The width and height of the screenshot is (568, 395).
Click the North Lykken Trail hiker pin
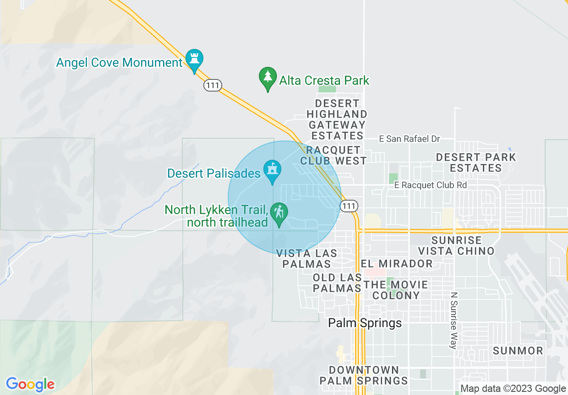(x=280, y=214)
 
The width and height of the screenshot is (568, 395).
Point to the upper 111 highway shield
(x=212, y=84)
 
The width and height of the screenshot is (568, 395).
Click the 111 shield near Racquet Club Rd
(x=349, y=206)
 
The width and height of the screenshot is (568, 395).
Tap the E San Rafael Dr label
(x=409, y=139)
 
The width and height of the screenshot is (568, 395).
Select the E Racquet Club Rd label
(x=430, y=185)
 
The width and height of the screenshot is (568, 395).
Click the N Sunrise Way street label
(x=454, y=320)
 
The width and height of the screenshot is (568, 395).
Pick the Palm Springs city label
(x=365, y=323)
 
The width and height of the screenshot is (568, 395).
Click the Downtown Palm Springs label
(x=363, y=375)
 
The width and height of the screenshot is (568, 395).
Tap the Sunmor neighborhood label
(x=518, y=351)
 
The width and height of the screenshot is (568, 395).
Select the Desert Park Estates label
(x=476, y=162)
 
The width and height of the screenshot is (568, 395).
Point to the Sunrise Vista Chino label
(x=456, y=246)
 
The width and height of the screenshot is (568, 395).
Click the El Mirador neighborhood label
(x=397, y=263)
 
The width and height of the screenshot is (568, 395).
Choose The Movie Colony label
(x=396, y=290)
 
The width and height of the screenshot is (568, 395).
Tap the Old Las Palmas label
(x=337, y=283)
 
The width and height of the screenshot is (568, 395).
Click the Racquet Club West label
(x=333, y=155)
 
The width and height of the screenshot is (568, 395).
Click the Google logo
(x=30, y=384)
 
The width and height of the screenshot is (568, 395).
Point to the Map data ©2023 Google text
(x=513, y=389)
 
